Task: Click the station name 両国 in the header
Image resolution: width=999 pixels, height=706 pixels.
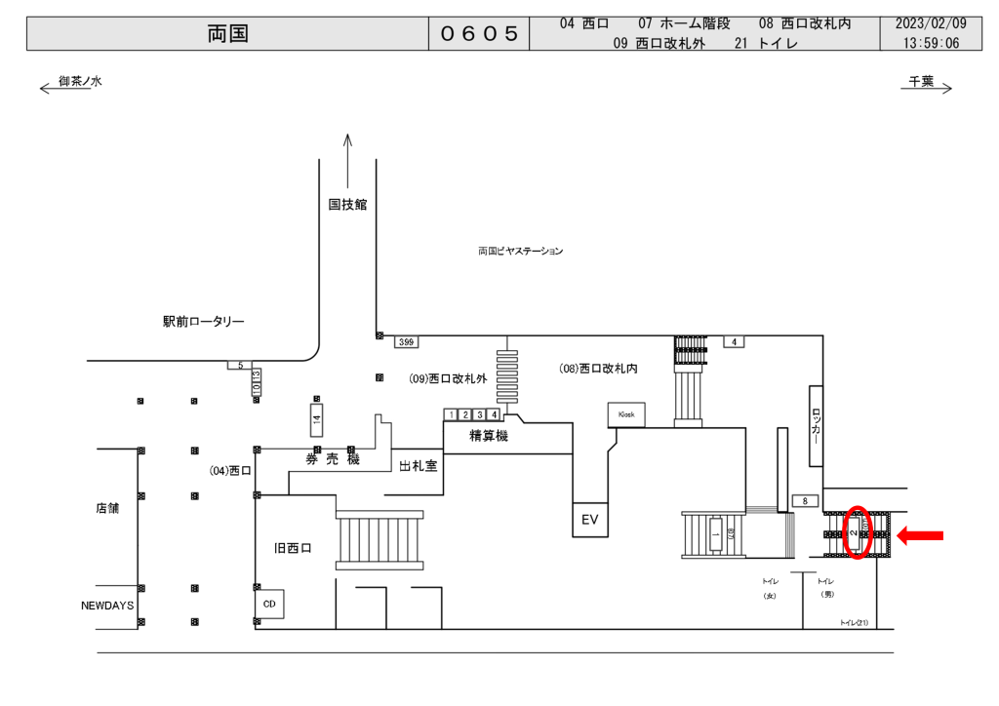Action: pos(228,34)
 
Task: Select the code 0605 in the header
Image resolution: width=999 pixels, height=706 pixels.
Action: pos(478,34)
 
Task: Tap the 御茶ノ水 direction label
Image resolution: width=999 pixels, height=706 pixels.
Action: pos(80,82)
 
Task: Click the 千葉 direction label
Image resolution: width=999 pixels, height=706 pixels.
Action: pos(921,82)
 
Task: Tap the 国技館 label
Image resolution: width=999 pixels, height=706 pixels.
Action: pos(347,205)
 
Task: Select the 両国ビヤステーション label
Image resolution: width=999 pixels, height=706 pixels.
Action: pos(520,252)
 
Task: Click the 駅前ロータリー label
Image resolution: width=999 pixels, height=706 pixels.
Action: pos(204,322)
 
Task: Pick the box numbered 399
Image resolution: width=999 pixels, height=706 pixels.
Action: pos(407,342)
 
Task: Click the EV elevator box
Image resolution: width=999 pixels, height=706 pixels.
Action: pos(589,520)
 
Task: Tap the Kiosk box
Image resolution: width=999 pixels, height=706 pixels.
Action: pos(625,414)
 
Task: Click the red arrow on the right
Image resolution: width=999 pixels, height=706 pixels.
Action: pos(920,534)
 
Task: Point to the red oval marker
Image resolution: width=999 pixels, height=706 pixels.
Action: pos(856,532)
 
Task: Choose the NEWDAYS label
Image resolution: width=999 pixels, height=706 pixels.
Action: pos(107,606)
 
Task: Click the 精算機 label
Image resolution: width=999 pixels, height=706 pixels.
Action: pos(489,436)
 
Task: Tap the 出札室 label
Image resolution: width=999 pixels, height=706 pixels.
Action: pos(418,466)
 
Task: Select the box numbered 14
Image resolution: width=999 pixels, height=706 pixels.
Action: pos(315,421)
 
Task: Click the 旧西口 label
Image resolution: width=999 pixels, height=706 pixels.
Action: pos(293,549)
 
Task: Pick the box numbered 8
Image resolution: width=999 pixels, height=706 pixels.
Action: pos(805,501)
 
